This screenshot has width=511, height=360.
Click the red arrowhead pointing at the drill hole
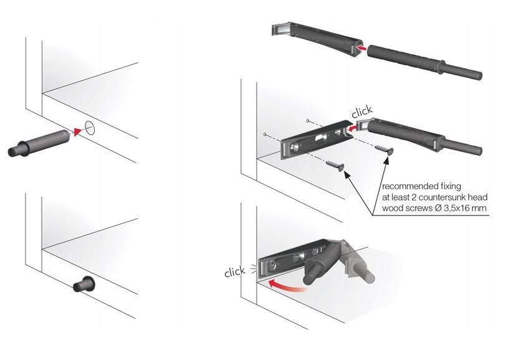[77, 131]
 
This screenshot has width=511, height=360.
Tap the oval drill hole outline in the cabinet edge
[90, 128]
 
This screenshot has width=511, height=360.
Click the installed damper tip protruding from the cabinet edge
[84, 285]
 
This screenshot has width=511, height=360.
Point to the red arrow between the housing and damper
[361, 48]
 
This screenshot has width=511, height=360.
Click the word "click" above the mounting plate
[361, 111]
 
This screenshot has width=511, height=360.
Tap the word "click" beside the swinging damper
[235, 272]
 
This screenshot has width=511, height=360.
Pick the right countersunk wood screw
[384, 149]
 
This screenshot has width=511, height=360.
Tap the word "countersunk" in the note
[441, 197]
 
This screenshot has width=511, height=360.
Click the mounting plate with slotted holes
[316, 140]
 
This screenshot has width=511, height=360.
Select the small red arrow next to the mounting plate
[351, 129]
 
